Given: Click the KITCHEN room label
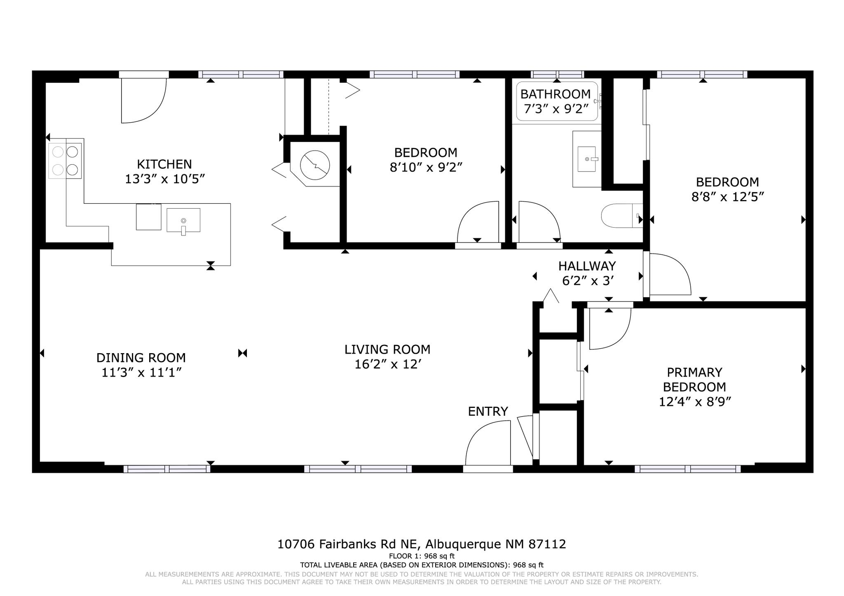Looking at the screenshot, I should tap(164, 164).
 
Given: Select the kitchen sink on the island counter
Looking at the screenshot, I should tap(183, 221).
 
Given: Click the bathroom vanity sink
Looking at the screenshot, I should tap(587, 159).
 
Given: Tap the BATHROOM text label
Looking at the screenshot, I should tap(555, 94).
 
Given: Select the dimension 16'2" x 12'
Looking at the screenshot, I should tap(387, 364).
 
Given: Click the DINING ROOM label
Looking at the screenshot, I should tap(141, 357).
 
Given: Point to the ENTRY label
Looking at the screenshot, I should tap(488, 411).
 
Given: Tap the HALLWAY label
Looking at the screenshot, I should tap(587, 266).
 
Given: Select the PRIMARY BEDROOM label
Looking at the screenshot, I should tap(694, 379).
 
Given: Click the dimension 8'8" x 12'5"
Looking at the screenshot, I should tap(727, 197).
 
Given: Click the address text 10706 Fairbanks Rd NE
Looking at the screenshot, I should tap(348, 544).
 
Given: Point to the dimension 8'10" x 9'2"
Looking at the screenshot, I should tap(426, 168).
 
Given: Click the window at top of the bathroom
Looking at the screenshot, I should tap(557, 74).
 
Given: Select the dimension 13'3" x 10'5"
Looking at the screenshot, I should tap(165, 179).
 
